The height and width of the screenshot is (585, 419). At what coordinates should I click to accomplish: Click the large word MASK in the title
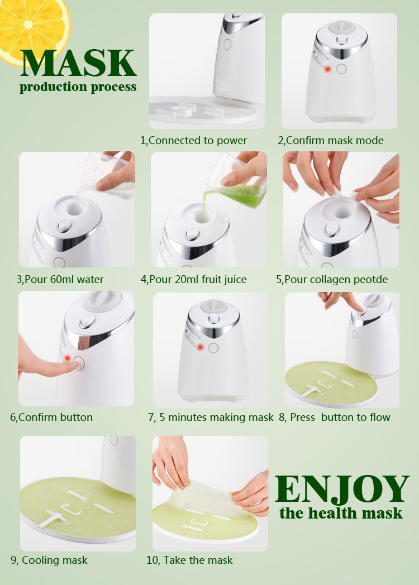(78, 63)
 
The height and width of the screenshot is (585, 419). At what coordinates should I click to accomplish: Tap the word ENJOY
(342, 490)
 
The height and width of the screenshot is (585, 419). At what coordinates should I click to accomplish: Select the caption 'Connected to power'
(198, 140)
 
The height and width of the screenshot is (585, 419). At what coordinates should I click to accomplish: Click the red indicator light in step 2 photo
(329, 69)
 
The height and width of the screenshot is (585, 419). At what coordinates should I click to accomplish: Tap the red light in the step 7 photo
(201, 347)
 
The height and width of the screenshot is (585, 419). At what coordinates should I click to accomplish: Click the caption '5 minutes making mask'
(218, 417)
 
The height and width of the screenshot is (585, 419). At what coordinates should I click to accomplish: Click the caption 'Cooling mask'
(55, 560)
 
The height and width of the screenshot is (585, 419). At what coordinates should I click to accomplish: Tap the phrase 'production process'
(78, 87)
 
